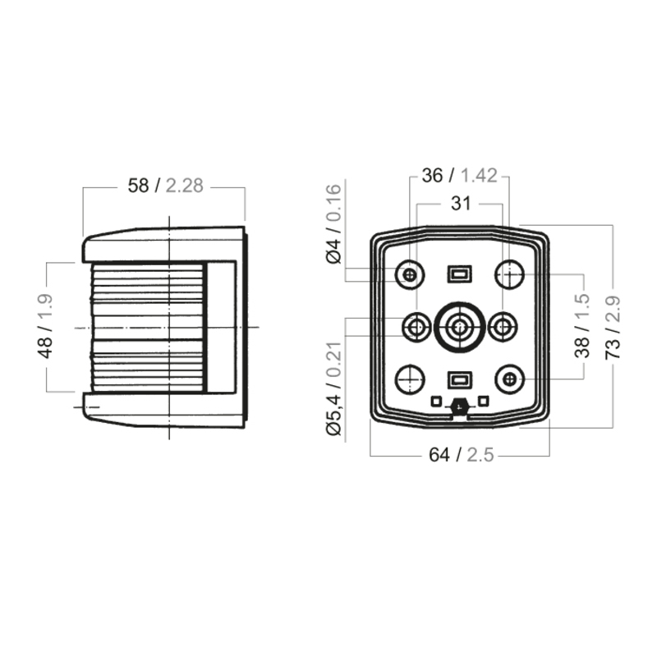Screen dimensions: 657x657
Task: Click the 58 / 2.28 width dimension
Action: coord(166,186)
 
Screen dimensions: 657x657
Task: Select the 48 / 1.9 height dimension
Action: coord(45,326)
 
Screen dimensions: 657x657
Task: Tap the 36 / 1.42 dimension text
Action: coord(460,176)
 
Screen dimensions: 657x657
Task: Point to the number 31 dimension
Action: coord(461,204)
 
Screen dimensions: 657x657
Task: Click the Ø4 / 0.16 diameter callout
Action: coord(334,224)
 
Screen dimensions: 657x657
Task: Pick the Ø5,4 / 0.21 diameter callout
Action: coord(334,388)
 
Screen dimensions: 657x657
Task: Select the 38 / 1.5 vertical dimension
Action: coord(581,325)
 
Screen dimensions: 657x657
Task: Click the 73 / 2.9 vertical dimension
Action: coord(612,327)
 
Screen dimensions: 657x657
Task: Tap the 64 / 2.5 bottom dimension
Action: coord(462,455)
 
